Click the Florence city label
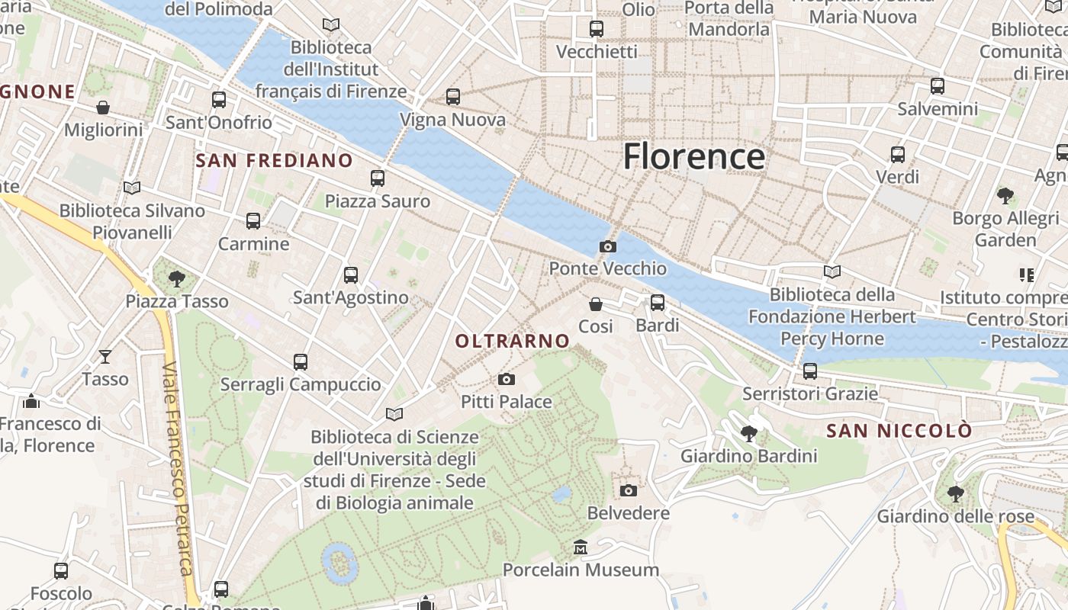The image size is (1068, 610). pyautogui.click(x=693, y=156)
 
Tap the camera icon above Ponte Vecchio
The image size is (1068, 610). pyautogui.click(x=608, y=246)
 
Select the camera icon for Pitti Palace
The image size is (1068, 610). pyautogui.click(x=506, y=379)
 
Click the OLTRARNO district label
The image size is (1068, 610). pyautogui.click(x=513, y=341)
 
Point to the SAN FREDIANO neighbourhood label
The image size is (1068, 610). pyautogui.click(x=274, y=161)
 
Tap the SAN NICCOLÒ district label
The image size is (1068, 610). pyautogui.click(x=899, y=431)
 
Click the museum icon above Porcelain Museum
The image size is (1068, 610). pyautogui.click(x=581, y=547)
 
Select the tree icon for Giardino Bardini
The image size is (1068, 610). pyautogui.click(x=749, y=434)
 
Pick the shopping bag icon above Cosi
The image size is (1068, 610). pyautogui.click(x=596, y=304)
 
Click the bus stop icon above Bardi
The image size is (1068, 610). pyautogui.click(x=658, y=303)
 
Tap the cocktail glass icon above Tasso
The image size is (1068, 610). pyautogui.click(x=105, y=356)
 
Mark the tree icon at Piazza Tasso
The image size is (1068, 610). pyautogui.click(x=177, y=278)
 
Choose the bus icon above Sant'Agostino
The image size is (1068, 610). pyautogui.click(x=351, y=275)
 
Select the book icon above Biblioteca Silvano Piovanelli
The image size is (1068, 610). pyautogui.click(x=132, y=188)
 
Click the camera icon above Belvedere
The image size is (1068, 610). pyautogui.click(x=629, y=490)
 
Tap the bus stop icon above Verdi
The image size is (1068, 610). pyautogui.click(x=898, y=155)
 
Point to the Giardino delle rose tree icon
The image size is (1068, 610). pyautogui.click(x=955, y=493)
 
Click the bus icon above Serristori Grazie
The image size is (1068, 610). pyautogui.click(x=810, y=371)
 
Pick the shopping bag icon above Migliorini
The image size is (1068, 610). pyautogui.click(x=103, y=108)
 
